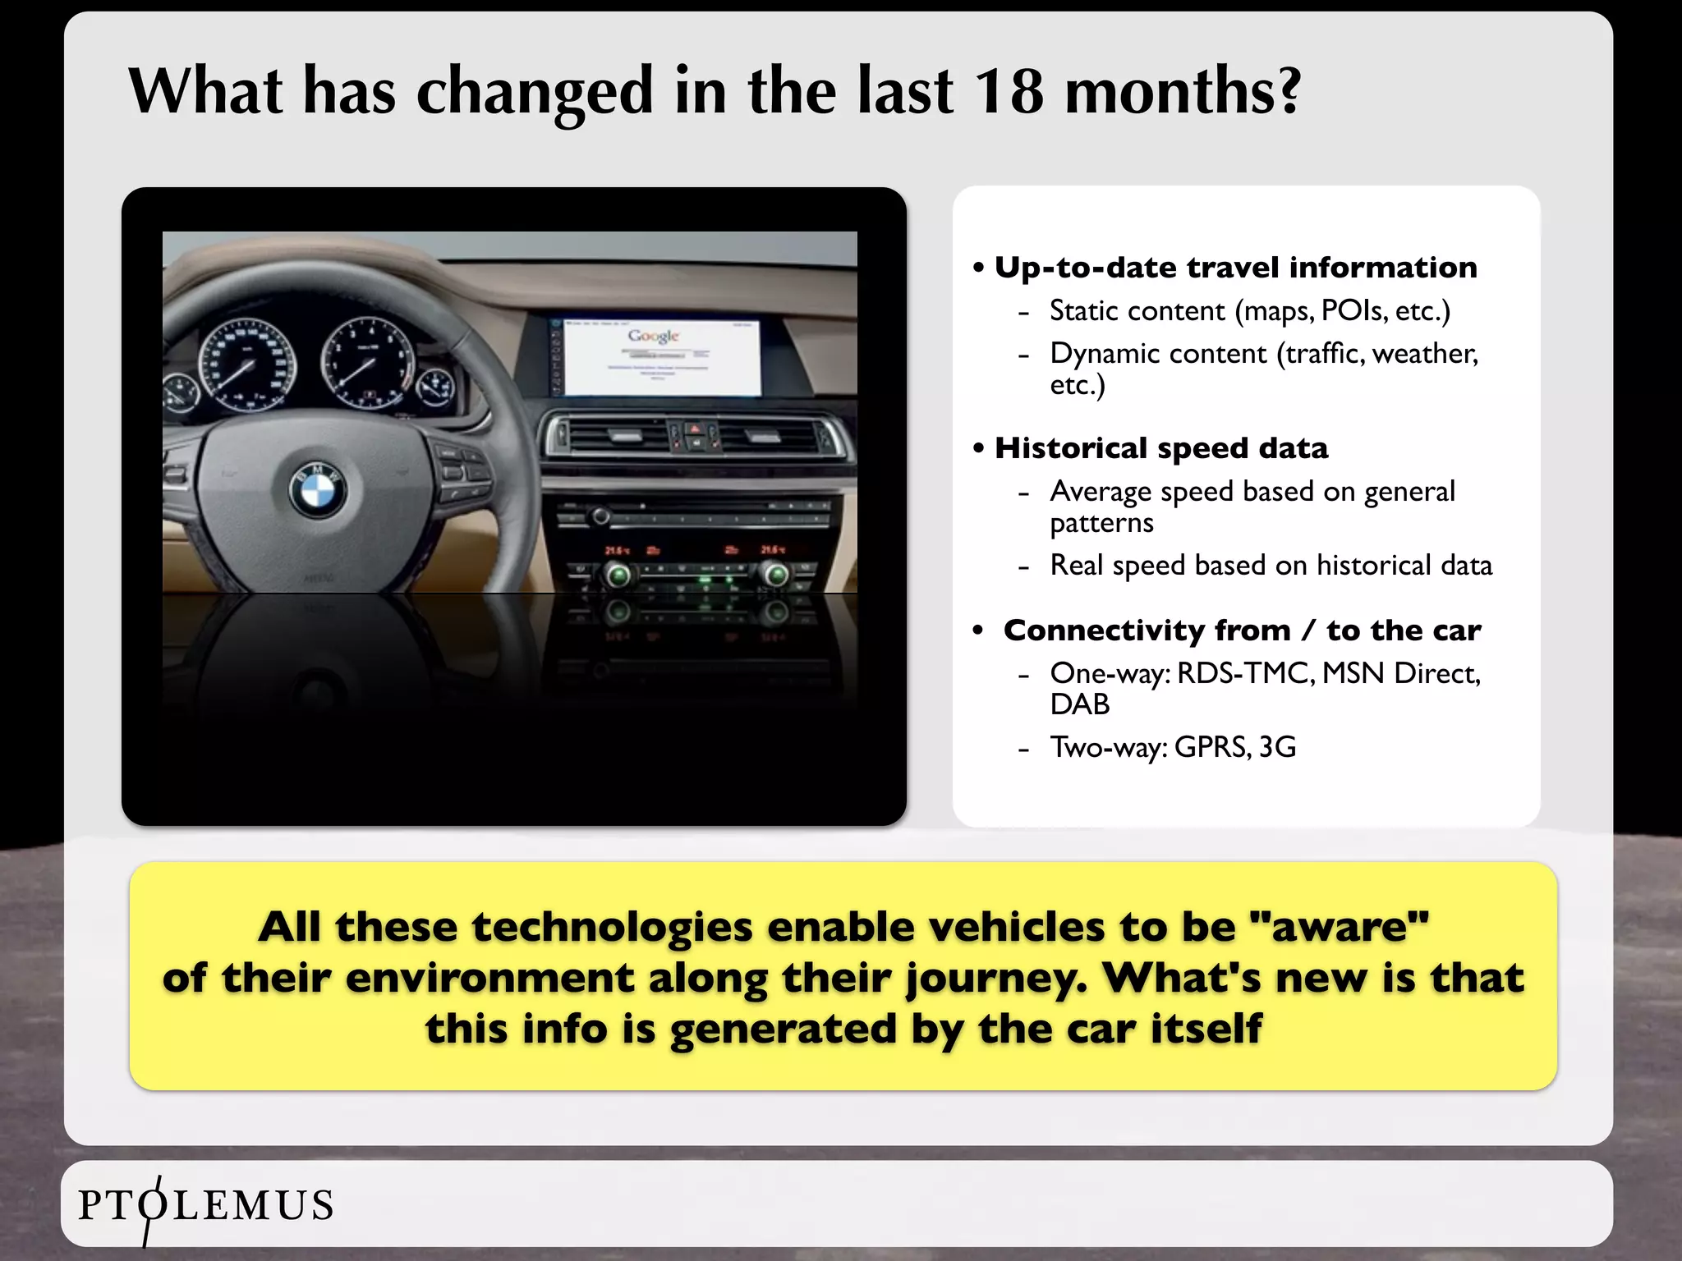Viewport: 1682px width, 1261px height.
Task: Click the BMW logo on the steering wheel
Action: coord(318,491)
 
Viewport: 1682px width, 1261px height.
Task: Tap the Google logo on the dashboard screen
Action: coord(654,336)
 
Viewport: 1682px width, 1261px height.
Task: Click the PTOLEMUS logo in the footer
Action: coord(205,1205)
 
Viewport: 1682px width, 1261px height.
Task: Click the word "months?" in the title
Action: coord(1183,90)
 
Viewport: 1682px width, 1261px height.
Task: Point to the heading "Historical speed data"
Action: coord(1160,448)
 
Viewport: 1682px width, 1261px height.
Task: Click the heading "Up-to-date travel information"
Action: coord(1235,268)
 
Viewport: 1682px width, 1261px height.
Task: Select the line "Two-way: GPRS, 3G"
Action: coord(1173,747)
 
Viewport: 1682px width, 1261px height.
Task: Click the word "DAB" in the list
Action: coord(1079,704)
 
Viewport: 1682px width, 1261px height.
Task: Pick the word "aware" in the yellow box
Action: coord(1338,927)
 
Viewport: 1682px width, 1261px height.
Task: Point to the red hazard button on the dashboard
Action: coord(694,429)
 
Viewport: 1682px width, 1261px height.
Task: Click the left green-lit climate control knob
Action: coord(618,575)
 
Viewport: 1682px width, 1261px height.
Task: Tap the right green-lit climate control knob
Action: coord(774,575)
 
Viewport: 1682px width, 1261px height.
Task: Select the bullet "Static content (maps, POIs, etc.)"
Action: coord(1250,311)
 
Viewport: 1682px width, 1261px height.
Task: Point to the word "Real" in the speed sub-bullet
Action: coord(1077,566)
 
